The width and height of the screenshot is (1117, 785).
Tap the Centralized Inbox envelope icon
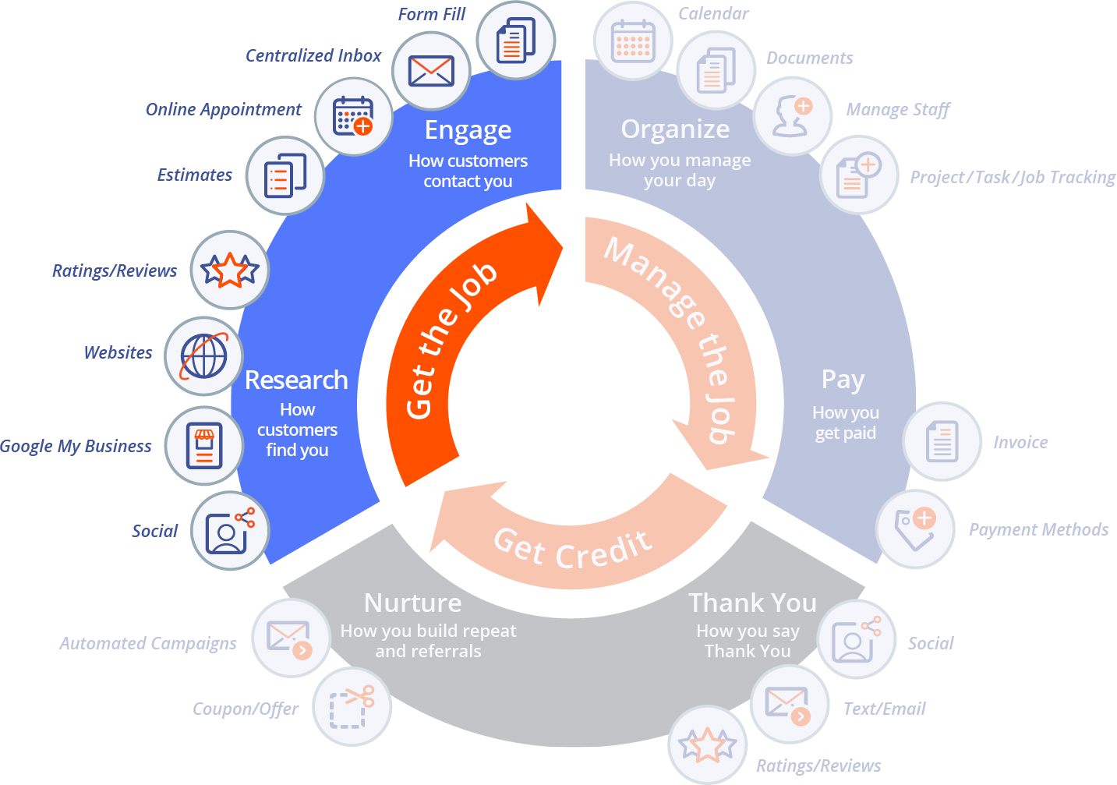pyautogui.click(x=431, y=71)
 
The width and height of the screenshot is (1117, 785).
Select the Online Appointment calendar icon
pyautogui.click(x=353, y=116)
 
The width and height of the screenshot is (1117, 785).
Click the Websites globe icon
pyautogui.click(x=204, y=356)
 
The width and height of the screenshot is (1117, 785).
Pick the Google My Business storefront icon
pyautogui.click(x=204, y=446)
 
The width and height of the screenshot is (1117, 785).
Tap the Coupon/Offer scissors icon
pyautogui.click(x=352, y=707)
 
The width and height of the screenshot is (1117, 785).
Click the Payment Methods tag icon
pyautogui.click(x=915, y=529)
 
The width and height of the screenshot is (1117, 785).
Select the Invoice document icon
pyautogui.click(x=942, y=441)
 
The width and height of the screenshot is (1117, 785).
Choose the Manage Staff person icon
pyautogui.click(x=793, y=116)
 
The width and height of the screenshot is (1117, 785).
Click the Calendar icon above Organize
pyautogui.click(x=632, y=41)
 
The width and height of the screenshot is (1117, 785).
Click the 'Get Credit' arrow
pyautogui.click(x=573, y=546)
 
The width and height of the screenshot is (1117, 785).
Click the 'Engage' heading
pyautogui.click(x=468, y=130)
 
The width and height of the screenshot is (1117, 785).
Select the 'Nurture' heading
pyautogui.click(x=412, y=603)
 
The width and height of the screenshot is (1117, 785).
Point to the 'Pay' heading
pyautogui.click(x=843, y=380)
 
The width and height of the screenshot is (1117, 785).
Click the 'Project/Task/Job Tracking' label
pyautogui.click(x=1012, y=178)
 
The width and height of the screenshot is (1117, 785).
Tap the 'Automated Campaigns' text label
pyautogui.click(x=148, y=644)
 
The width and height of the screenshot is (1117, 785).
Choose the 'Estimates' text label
pyautogui.click(x=195, y=175)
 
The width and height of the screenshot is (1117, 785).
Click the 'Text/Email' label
pyautogui.click(x=884, y=709)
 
